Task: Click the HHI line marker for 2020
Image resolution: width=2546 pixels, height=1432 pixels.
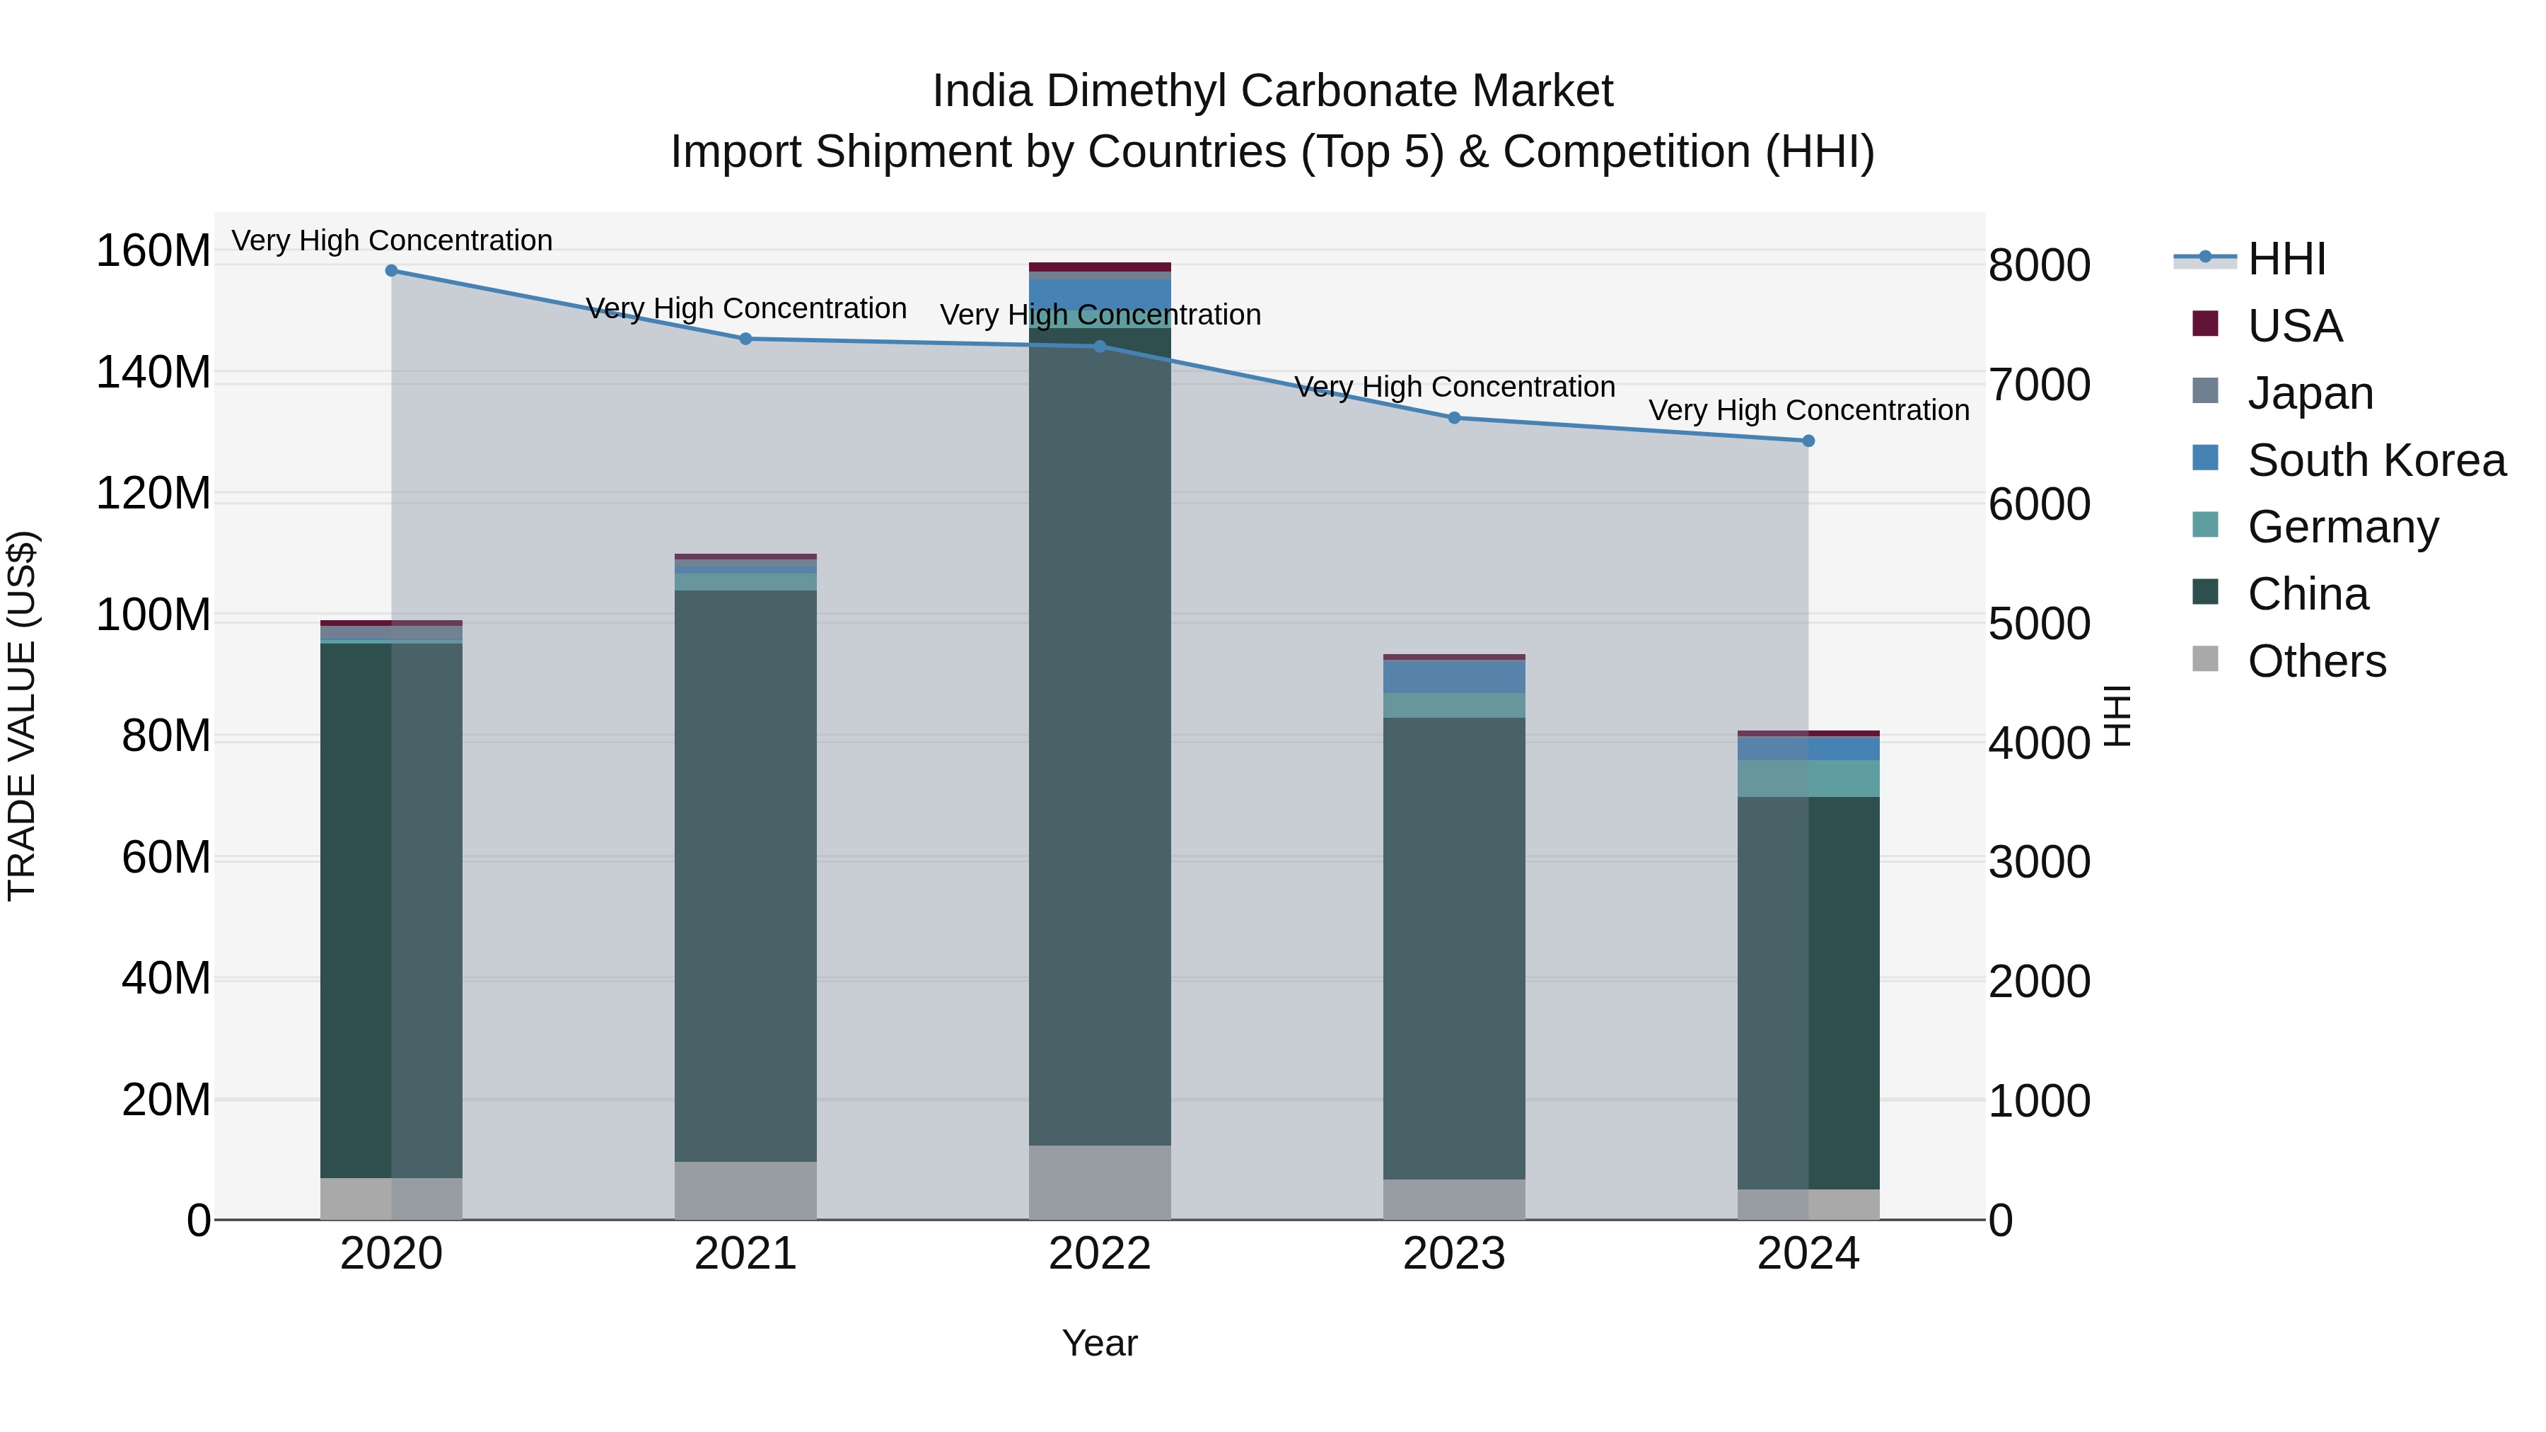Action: pyautogui.click(x=391, y=270)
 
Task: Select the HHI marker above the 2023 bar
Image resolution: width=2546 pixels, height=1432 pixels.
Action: pyautogui.click(x=1454, y=418)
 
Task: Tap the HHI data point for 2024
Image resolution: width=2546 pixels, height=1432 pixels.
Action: pyautogui.click(x=1808, y=441)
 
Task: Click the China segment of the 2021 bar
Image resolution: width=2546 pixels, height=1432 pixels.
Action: pyautogui.click(x=745, y=875)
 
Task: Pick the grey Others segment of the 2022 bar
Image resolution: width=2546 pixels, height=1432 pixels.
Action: pyautogui.click(x=1099, y=1182)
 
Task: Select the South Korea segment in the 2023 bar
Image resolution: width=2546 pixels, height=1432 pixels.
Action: pyautogui.click(x=1454, y=677)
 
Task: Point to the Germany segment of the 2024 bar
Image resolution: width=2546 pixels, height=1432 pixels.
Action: pyautogui.click(x=1808, y=779)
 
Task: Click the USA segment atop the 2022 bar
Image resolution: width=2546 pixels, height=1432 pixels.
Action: pyautogui.click(x=1099, y=267)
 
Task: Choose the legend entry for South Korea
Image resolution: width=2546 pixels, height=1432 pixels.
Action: pyautogui.click(x=2376, y=460)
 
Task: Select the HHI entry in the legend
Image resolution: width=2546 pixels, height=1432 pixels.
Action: pyautogui.click(x=2286, y=259)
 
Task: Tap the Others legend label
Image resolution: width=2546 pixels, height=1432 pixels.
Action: pyautogui.click(x=2317, y=661)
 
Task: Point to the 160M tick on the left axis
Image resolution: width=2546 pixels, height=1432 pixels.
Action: pyautogui.click(x=153, y=251)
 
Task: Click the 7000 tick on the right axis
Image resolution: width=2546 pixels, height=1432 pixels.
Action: pyautogui.click(x=2038, y=385)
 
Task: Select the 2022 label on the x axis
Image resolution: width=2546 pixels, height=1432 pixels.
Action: pyautogui.click(x=1099, y=1254)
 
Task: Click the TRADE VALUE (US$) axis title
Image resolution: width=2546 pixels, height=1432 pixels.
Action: pyautogui.click(x=22, y=716)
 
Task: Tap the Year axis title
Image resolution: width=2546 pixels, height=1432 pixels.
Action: pyautogui.click(x=1099, y=1343)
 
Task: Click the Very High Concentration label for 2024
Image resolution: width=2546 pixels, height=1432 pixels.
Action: pyautogui.click(x=1808, y=410)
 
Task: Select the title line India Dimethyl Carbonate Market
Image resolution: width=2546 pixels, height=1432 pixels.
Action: pyautogui.click(x=1272, y=91)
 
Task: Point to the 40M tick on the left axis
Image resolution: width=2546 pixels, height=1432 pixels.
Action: pyautogui.click(x=166, y=979)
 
